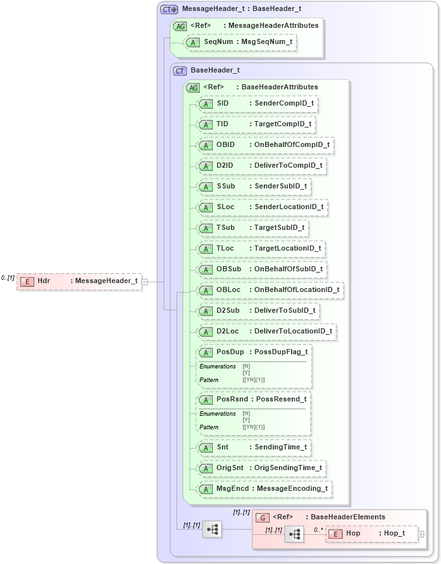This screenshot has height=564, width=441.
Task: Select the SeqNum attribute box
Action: [x=241, y=42]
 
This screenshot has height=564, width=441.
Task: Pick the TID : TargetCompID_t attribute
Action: [x=257, y=124]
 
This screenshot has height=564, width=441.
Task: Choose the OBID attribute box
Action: [x=266, y=145]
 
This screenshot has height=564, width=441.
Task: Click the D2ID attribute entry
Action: [x=261, y=166]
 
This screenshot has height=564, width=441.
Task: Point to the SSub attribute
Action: [x=255, y=186]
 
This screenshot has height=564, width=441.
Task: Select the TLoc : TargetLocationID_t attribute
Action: [x=261, y=249]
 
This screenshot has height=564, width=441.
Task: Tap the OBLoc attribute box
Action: [x=270, y=290]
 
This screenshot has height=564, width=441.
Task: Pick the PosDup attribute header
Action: [x=255, y=352]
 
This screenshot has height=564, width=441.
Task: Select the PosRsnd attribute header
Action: [x=254, y=400]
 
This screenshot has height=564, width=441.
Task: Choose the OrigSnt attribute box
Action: [x=261, y=468]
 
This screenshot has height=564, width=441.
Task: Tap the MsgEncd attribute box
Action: [x=265, y=489]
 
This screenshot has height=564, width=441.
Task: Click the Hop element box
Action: [x=371, y=534]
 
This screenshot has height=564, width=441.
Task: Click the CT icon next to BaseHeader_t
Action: [x=180, y=71]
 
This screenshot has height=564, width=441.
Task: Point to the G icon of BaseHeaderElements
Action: [x=263, y=517]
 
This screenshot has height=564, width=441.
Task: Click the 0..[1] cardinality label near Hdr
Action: [x=8, y=278]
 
